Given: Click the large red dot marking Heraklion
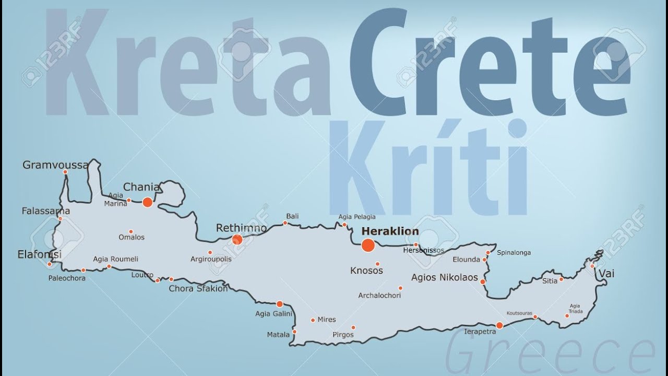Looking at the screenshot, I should [368, 245].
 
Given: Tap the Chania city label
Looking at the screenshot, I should [141, 187].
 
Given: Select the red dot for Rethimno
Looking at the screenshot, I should [237, 240].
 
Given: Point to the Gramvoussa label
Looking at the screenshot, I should [55, 165].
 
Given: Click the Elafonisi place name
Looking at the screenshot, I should [39, 254].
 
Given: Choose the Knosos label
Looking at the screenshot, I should [366, 271].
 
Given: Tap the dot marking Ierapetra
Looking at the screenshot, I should [499, 325].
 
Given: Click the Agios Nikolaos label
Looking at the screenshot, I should [445, 277].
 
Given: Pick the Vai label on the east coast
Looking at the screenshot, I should [606, 274].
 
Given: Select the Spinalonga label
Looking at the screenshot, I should [514, 253].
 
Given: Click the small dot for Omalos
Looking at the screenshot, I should [130, 231].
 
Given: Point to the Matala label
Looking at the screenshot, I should [278, 334].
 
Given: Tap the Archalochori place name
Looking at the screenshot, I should [379, 296].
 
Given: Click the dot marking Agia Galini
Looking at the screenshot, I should [280, 304].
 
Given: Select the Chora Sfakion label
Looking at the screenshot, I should [198, 288].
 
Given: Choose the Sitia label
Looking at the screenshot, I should [550, 280].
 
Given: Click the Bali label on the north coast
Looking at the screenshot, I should [292, 216].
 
